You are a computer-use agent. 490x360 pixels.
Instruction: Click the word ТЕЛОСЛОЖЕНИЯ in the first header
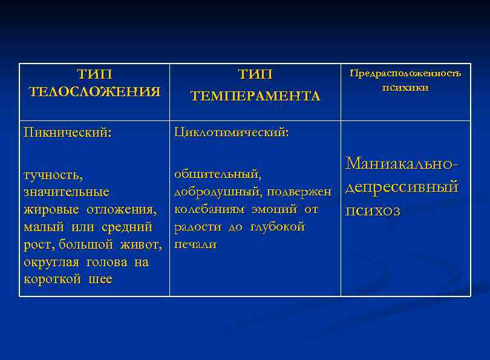click(95, 92)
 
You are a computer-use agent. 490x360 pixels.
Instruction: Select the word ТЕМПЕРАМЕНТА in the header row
click(255, 96)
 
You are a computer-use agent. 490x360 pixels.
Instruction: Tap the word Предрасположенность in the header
click(405, 73)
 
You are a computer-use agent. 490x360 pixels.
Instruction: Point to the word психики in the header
click(405, 88)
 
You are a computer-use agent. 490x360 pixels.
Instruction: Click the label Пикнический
click(67, 133)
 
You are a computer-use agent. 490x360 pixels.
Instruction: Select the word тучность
click(53, 175)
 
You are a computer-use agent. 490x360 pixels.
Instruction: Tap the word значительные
click(67, 192)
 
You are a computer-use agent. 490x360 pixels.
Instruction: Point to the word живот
click(145, 245)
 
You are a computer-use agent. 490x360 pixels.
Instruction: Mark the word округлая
click(51, 263)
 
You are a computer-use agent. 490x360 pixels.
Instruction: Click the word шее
click(99, 280)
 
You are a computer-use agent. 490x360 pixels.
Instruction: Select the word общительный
click(218, 174)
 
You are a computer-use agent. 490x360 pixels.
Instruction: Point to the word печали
click(195, 244)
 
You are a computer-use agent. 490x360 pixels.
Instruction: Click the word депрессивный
click(402, 187)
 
